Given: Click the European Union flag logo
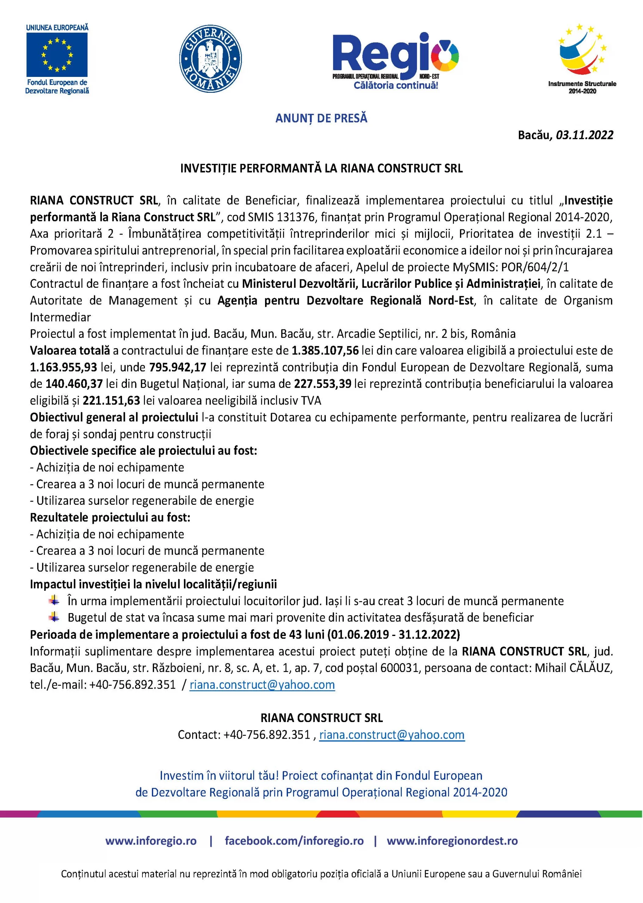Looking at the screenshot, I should [57, 55].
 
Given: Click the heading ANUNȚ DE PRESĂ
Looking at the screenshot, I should [321, 118].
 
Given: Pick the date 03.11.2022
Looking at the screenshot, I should [584, 135].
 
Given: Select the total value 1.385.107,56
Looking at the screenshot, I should [325, 351].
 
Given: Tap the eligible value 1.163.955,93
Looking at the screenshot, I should [63, 367].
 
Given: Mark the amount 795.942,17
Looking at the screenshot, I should [178, 367].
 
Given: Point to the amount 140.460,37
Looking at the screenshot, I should [74, 384].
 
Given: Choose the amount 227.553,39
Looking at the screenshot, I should [322, 384].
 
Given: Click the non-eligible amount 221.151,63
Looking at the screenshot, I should [111, 400].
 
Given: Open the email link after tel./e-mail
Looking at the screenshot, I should [262, 685].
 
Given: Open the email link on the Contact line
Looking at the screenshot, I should [392, 735].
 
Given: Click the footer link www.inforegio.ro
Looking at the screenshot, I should [151, 841].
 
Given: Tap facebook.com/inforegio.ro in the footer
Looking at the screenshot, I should [294, 841].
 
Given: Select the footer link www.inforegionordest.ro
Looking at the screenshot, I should [452, 841].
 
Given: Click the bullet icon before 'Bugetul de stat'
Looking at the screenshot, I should [54, 617].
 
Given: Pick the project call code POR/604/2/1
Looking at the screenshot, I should [535, 267].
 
